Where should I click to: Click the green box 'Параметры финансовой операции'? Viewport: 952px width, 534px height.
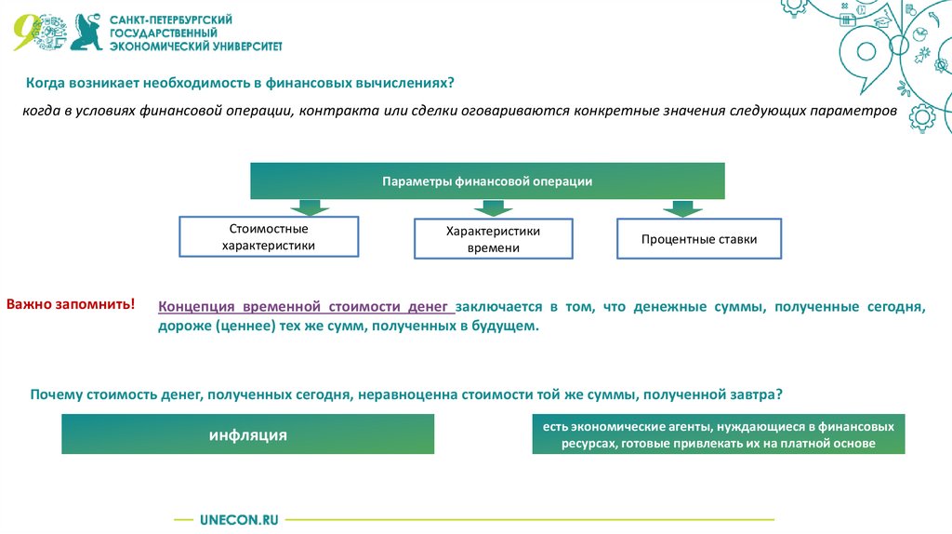click(x=487, y=181)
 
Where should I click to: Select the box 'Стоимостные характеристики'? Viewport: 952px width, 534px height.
click(x=269, y=237)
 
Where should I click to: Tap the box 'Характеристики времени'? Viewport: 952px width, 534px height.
click(x=493, y=239)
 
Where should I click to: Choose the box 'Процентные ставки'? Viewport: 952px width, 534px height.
click(x=698, y=239)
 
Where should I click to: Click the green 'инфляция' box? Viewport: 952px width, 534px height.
click(x=247, y=434)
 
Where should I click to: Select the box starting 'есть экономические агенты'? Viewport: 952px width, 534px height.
click(x=718, y=434)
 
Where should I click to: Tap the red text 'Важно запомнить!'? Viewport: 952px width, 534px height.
click(x=71, y=304)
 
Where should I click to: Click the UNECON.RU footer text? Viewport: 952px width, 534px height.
click(x=239, y=519)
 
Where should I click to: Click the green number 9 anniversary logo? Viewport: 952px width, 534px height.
click(x=26, y=33)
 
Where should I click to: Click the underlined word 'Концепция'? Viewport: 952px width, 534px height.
click(x=198, y=306)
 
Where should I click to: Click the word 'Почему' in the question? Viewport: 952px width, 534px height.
click(x=57, y=394)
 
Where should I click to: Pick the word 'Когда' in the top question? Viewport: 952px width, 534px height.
click(x=45, y=83)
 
